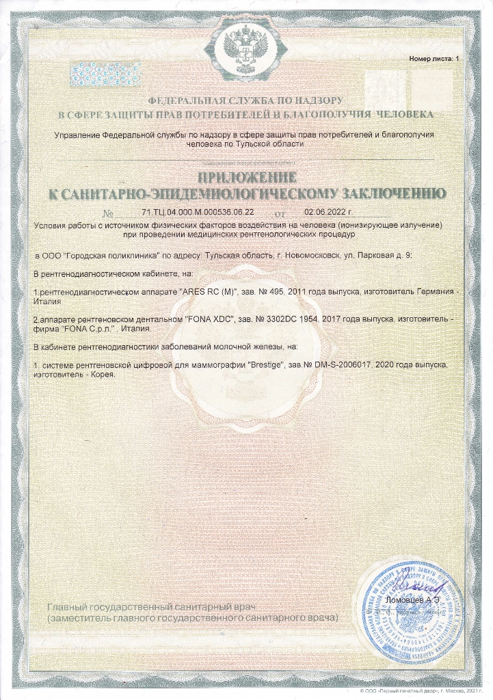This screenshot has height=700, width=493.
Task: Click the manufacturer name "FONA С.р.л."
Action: pyautogui.click(x=88, y=329)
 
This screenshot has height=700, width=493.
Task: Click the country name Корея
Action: pyautogui.click(x=101, y=375)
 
